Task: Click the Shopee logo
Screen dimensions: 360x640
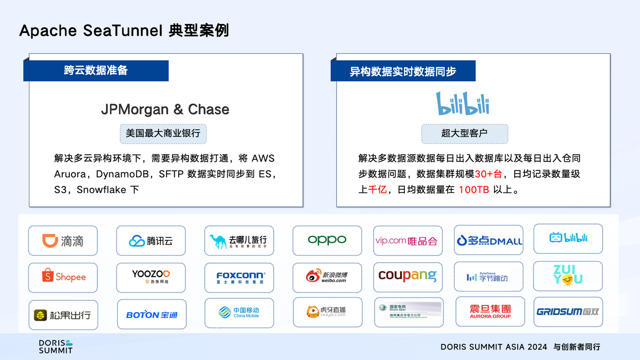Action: click(63, 277)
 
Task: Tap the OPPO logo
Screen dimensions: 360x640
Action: click(327, 240)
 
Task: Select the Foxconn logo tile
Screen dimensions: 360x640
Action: click(240, 278)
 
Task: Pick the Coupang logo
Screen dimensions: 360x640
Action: click(408, 276)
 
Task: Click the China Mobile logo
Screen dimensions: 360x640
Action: click(239, 312)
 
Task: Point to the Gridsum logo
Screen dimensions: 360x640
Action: click(568, 312)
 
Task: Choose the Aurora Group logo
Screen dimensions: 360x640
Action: click(490, 311)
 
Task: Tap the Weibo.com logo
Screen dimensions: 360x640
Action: click(327, 277)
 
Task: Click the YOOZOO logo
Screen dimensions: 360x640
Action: click(151, 276)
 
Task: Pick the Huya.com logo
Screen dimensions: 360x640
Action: click(327, 312)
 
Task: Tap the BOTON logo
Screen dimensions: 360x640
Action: click(152, 315)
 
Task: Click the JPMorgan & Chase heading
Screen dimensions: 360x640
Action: click(165, 109)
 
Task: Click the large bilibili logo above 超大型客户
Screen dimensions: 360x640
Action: click(462, 104)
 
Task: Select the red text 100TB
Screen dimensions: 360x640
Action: click(474, 190)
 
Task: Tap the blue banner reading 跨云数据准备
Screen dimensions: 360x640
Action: click(96, 71)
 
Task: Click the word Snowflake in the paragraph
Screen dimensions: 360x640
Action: click(101, 190)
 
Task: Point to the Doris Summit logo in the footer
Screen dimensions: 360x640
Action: click(55, 347)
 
